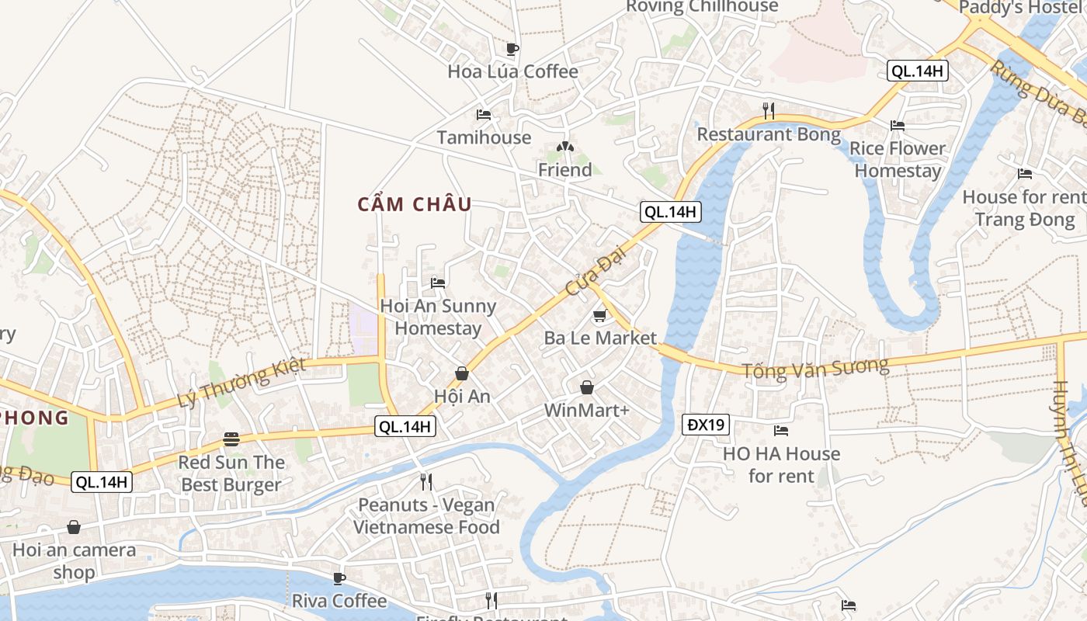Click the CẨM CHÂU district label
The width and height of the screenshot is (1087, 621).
point(415,205)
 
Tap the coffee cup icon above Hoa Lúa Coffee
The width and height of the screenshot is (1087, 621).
point(512,49)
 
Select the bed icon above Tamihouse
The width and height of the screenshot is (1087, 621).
point(484,115)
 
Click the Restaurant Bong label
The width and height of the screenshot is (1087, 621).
point(769,134)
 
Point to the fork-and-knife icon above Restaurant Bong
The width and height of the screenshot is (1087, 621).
point(769,110)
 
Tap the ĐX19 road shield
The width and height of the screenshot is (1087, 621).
point(706,425)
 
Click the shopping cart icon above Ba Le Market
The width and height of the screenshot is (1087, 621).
point(599,315)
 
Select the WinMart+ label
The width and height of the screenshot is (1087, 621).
point(586,410)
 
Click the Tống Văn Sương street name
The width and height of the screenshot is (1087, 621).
point(815,369)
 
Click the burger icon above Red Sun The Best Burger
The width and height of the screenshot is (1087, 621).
point(231,439)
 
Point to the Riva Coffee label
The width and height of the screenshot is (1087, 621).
point(339,601)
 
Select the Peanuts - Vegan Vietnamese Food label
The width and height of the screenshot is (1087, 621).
point(426,516)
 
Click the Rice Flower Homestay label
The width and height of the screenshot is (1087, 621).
point(898,159)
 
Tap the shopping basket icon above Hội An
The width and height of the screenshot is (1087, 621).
point(462,373)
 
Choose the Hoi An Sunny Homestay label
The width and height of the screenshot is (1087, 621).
point(438,317)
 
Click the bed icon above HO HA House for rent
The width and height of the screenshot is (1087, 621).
point(781,430)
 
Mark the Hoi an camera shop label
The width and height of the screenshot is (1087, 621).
point(74,561)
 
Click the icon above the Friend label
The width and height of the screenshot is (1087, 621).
point(565,147)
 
